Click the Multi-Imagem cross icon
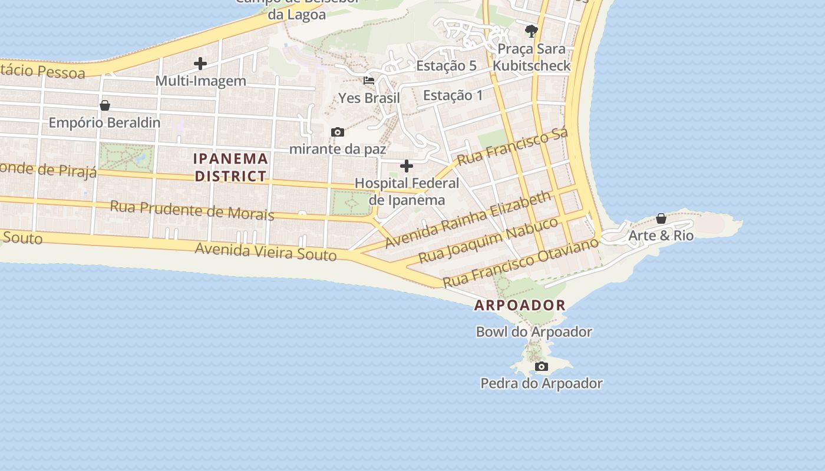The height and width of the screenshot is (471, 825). click(x=200, y=64)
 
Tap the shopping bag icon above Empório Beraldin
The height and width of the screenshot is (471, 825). click(x=105, y=105)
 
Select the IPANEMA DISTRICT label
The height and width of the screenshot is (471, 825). click(x=230, y=167)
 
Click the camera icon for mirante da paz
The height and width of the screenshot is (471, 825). click(x=338, y=132)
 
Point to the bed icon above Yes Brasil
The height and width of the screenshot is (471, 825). click(x=369, y=80)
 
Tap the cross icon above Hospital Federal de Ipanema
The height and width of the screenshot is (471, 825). click(x=407, y=167)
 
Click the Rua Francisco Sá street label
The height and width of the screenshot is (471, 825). click(x=512, y=147)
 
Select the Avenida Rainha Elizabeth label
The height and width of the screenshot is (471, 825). click(x=468, y=219)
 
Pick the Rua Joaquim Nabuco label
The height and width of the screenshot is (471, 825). click(x=488, y=240)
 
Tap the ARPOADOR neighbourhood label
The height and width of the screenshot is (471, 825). click(x=520, y=305)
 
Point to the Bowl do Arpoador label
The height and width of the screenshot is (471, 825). click(x=534, y=331)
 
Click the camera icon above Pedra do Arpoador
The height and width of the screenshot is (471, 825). click(x=541, y=367)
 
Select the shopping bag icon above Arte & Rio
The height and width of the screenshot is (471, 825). click(x=661, y=218)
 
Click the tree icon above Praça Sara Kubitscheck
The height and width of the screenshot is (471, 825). click(x=532, y=31)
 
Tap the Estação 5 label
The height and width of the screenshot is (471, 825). click(x=446, y=65)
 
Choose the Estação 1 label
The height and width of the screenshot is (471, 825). click(x=453, y=95)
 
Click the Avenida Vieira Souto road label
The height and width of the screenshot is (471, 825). click(x=266, y=251)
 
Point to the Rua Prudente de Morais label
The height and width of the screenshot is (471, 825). click(x=192, y=210)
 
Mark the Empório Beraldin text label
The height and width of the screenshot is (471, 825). click(x=104, y=122)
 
